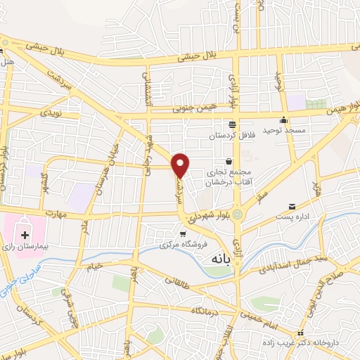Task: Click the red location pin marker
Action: coord(181,165)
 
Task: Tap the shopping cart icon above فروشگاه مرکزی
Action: coord(182,234)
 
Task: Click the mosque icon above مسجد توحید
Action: coord(283,119)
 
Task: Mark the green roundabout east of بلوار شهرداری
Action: coord(238,213)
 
